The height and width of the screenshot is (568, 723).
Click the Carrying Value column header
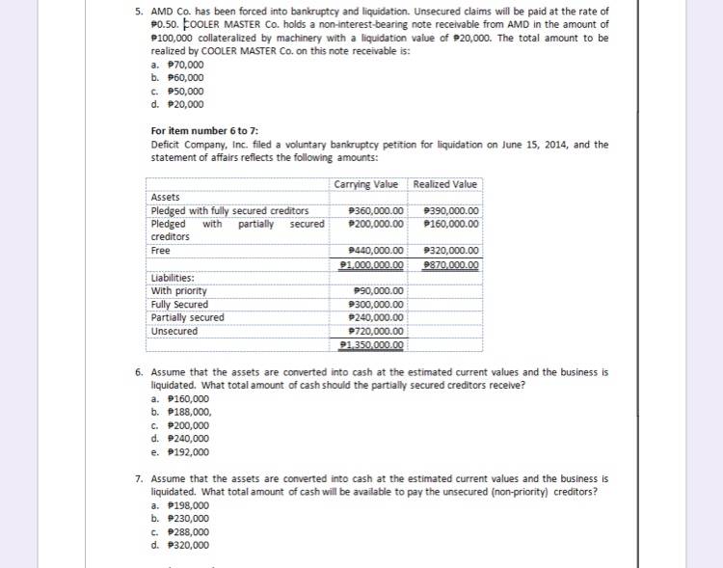368,184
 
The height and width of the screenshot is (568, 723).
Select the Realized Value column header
444,184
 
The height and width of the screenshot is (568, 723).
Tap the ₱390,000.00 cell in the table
451,212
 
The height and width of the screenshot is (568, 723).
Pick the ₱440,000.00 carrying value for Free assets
374,251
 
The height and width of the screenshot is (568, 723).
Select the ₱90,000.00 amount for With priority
379,291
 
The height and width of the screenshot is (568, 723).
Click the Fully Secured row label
179,305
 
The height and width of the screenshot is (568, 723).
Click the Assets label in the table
166,198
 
